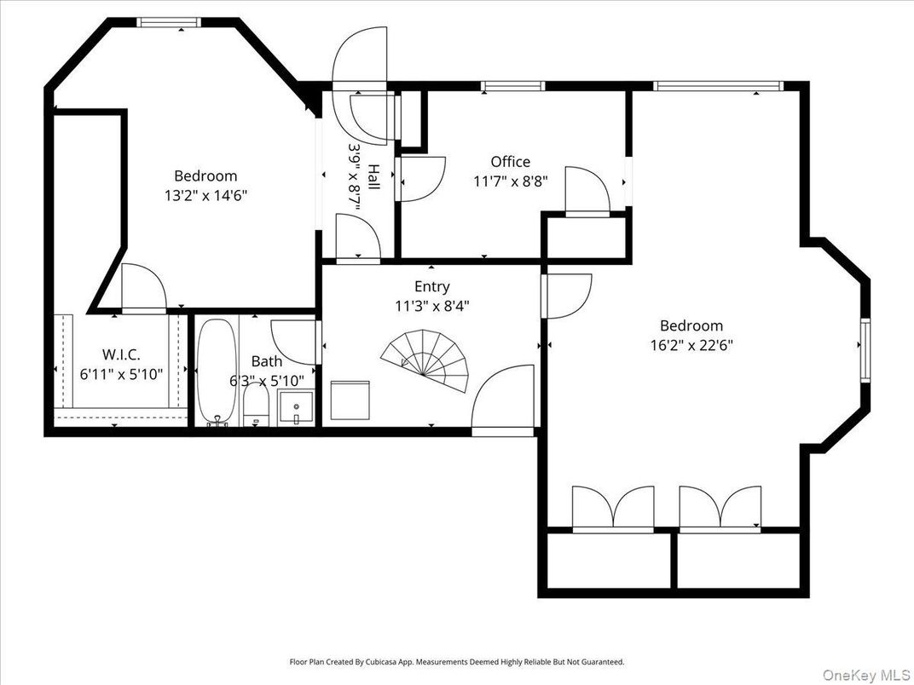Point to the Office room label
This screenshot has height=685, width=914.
(510, 162)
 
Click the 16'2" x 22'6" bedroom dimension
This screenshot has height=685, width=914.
(691, 345)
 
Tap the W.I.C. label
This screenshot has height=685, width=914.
(120, 354)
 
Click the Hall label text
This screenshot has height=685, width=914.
(373, 177)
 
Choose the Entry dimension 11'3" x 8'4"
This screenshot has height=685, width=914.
(431, 305)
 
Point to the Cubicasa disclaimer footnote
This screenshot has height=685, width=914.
(456, 661)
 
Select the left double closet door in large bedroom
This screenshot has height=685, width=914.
(611, 509)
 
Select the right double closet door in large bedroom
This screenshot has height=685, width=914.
(720, 509)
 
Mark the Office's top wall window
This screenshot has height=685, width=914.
(512, 86)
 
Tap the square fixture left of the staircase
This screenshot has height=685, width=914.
(350, 400)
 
